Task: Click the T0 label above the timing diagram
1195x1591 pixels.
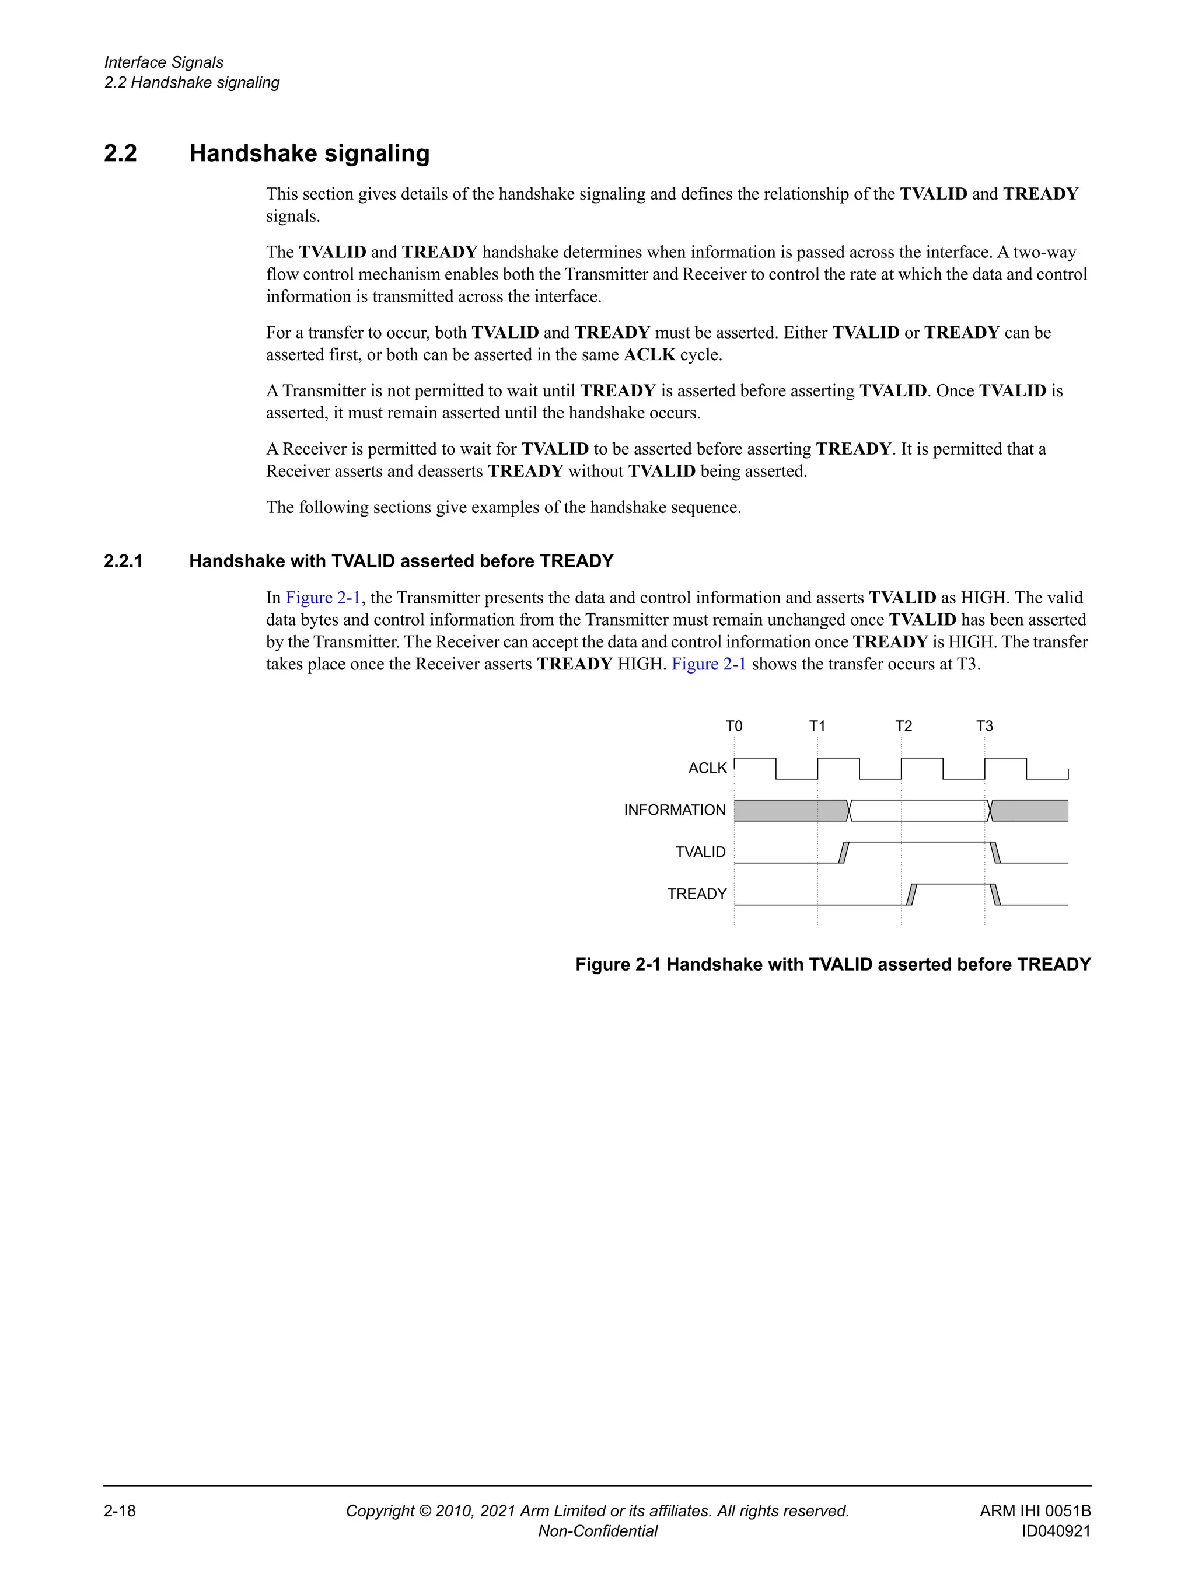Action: click(x=733, y=725)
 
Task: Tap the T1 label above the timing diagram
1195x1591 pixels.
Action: click(x=817, y=725)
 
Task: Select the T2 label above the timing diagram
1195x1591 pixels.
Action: click(x=903, y=725)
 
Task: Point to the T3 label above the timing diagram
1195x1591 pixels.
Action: click(x=984, y=725)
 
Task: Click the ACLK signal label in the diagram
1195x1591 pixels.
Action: click(x=708, y=768)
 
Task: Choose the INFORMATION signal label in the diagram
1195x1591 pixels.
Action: click(x=675, y=810)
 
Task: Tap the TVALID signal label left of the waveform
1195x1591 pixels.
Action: click(x=700, y=852)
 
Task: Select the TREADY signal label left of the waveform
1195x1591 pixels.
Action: click(x=697, y=894)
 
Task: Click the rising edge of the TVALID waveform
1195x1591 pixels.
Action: click(x=844, y=852)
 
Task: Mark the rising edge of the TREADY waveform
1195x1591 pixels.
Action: click(x=911, y=894)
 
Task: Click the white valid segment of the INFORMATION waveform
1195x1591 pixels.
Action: click(x=919, y=811)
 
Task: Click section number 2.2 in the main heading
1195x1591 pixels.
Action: click(x=120, y=153)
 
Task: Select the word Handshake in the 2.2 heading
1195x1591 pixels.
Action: click(x=251, y=153)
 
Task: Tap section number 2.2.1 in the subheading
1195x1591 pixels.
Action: click(x=124, y=561)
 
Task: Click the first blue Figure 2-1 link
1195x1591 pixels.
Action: click(x=323, y=598)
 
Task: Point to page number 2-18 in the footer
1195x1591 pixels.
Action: click(x=120, y=1511)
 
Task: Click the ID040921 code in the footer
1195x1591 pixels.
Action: click(x=1056, y=1531)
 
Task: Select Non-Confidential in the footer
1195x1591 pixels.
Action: click(x=597, y=1531)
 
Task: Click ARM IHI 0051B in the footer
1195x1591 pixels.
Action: click(x=1035, y=1511)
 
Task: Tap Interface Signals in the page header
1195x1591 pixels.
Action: click(x=163, y=62)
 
